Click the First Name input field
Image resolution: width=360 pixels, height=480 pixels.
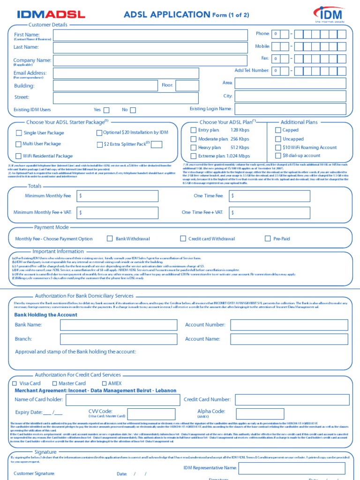tap(150, 35)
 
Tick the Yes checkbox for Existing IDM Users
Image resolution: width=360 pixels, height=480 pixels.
tap(106, 110)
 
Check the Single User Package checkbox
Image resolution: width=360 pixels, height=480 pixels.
tap(19, 133)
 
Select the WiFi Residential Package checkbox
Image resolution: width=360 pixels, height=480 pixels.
tap(19, 156)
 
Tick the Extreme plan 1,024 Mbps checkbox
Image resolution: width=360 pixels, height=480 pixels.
tap(193, 156)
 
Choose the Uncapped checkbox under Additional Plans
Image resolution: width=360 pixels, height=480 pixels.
tap(278, 139)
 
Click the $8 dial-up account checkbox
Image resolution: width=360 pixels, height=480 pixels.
tap(278, 156)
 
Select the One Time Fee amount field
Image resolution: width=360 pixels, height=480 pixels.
tap(269, 196)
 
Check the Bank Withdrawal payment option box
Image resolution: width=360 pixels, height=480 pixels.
tap(110, 239)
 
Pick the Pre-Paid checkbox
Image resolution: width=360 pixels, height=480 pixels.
tap(268, 239)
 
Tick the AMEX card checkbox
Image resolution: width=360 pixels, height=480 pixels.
tap(104, 383)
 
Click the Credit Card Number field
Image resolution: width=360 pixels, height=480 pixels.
tap(292, 400)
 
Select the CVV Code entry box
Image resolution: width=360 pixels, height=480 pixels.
tap(150, 413)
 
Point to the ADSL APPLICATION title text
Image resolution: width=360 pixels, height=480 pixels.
tap(167, 15)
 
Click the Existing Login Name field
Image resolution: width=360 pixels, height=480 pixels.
tap(290, 109)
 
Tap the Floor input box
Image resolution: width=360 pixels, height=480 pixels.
tap(187, 85)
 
